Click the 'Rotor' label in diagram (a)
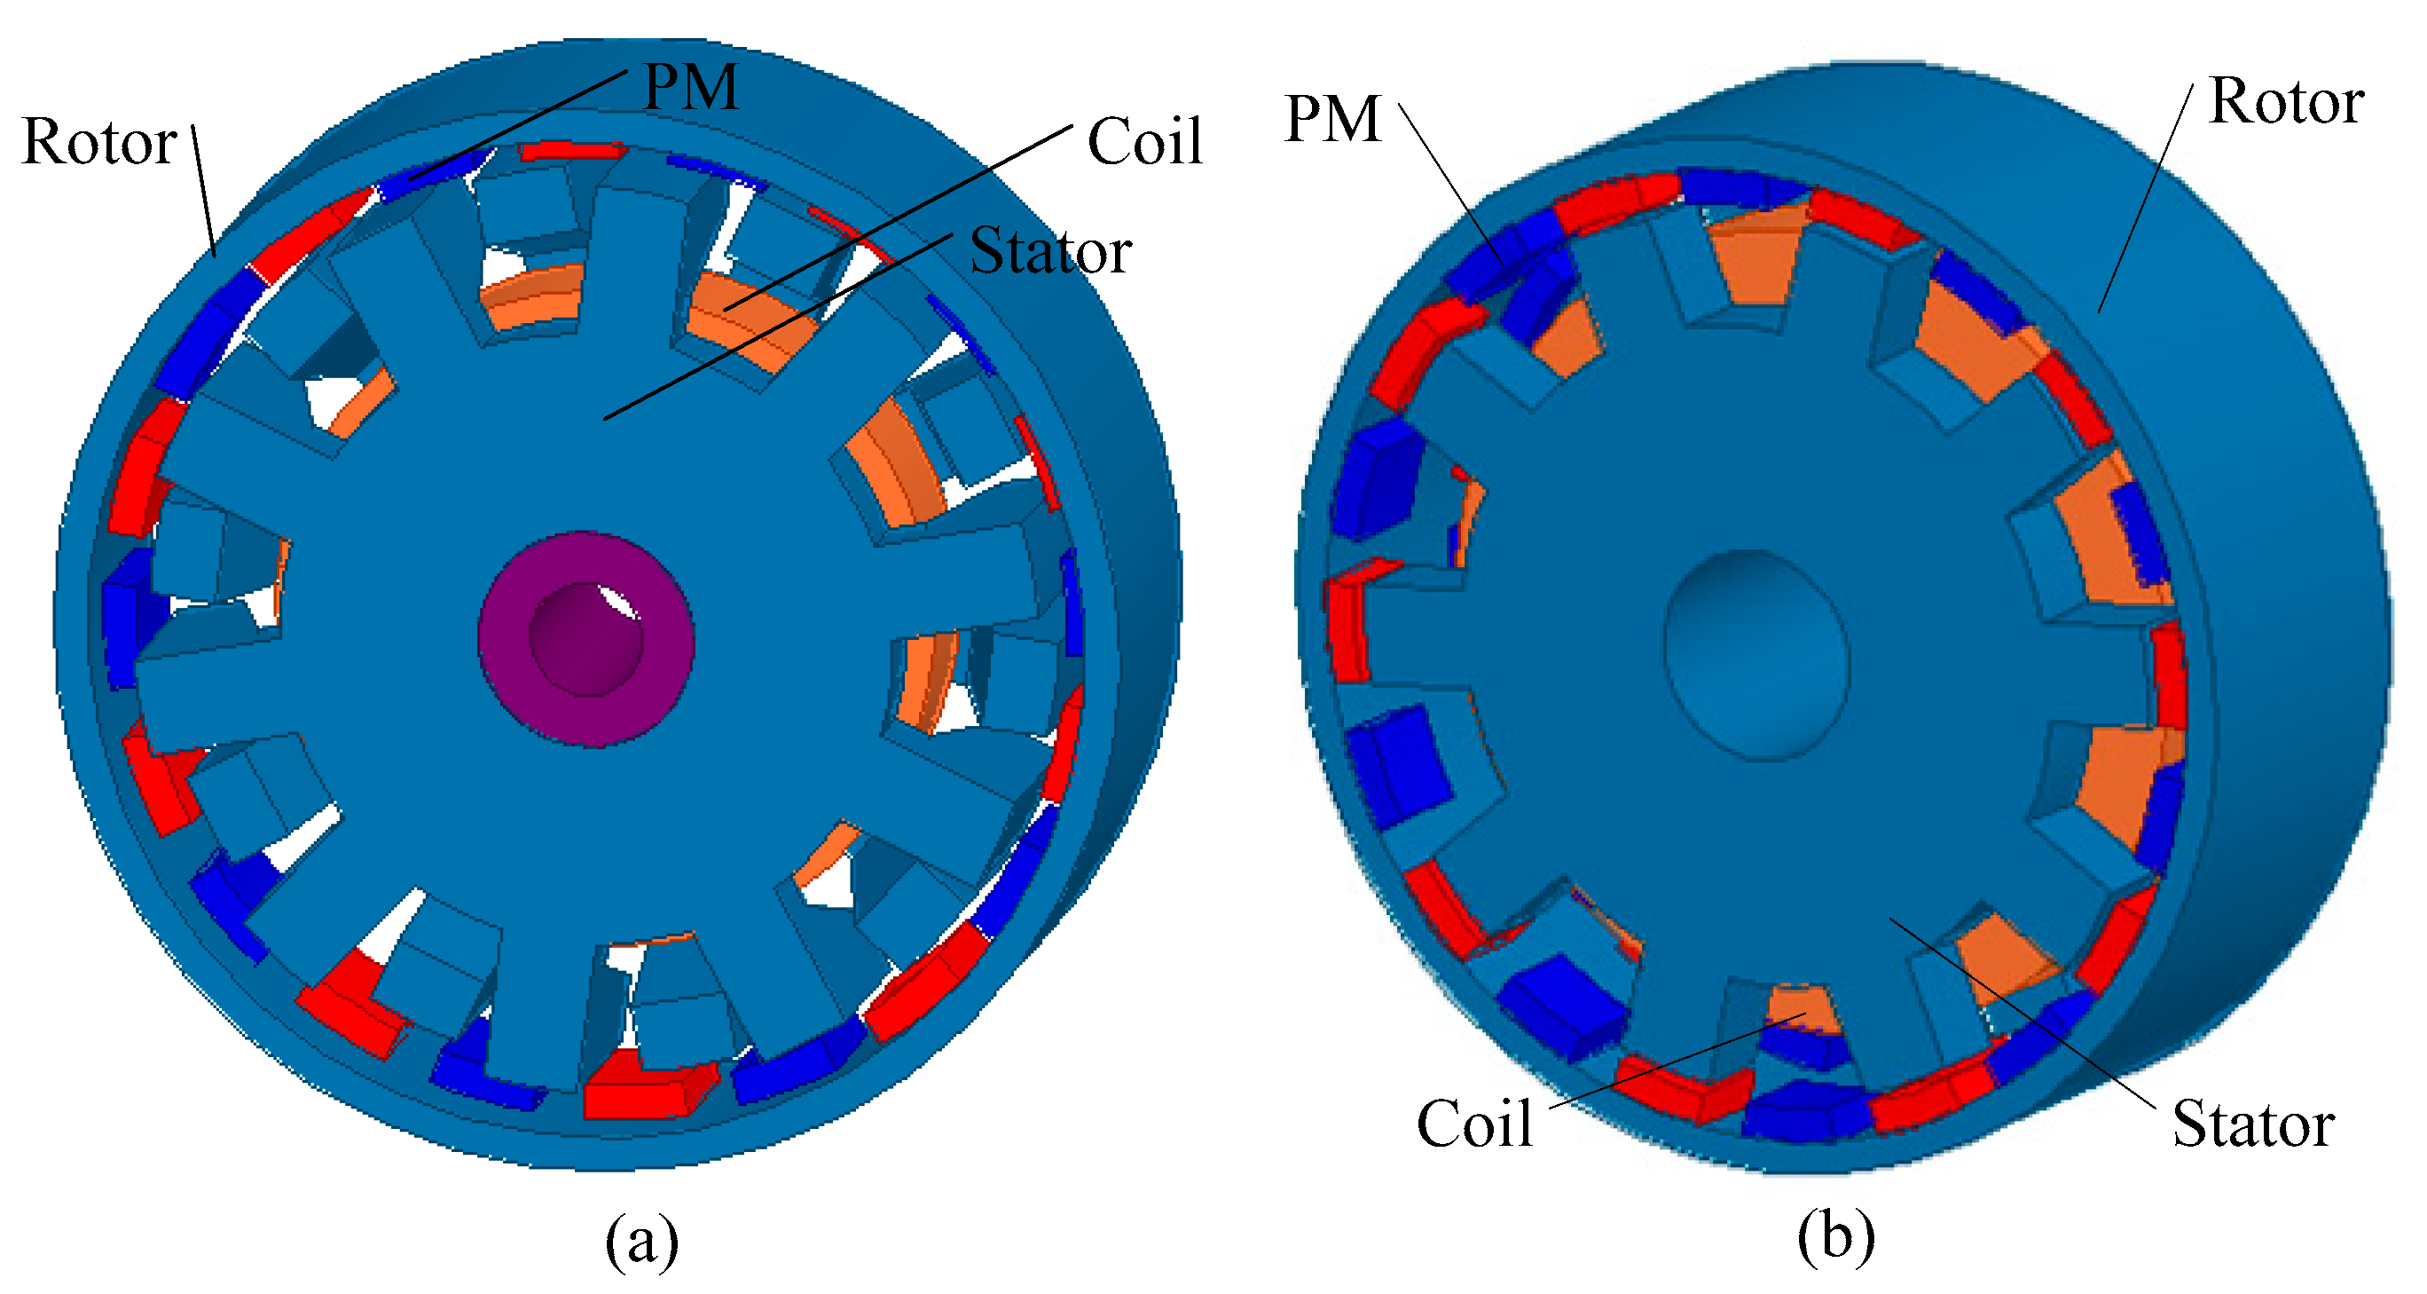(99, 142)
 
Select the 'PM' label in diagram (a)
(691, 88)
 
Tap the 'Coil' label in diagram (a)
(1143, 142)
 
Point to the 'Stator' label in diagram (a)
(1049, 252)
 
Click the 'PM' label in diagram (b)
(1332, 120)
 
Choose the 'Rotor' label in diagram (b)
(2286, 101)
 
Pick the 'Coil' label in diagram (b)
(1474, 1124)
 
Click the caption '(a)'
(641, 1240)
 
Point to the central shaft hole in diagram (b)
(1756, 654)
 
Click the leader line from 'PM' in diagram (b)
(1451, 185)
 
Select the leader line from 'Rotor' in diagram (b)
(2144, 198)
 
